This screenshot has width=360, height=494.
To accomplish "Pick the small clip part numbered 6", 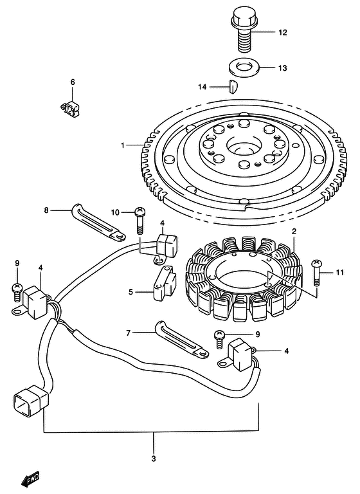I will coord(73,107).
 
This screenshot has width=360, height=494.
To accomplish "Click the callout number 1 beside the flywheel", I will coord(122,145).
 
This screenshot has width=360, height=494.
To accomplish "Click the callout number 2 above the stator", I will coord(293,232).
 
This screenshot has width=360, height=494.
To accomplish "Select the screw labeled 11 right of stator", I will coord(316,273).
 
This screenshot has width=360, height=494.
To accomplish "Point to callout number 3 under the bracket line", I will coord(153,458).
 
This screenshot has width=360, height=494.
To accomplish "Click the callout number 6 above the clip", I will coord(73,82).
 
